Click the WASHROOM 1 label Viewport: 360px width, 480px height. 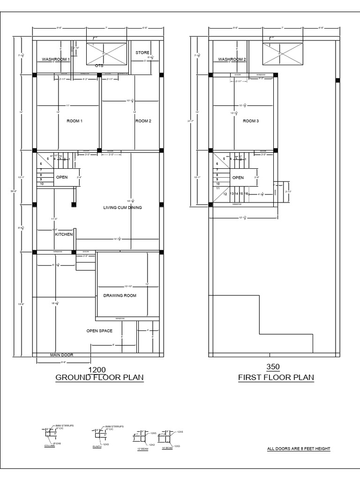coord(56,60)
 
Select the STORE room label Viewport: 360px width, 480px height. coord(142,52)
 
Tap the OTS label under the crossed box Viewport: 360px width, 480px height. coord(99,66)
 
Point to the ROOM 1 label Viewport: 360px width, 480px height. coord(75,121)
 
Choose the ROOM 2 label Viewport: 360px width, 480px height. coord(143,121)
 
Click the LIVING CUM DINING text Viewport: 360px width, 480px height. coord(122,207)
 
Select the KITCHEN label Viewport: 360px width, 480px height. coord(64,234)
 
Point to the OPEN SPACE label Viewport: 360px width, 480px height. coord(99,331)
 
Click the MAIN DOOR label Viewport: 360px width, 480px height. coord(62,355)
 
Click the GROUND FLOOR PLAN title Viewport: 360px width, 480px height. coord(99,377)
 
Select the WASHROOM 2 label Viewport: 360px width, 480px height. coord(232,60)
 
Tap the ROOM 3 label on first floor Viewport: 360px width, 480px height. coord(251,121)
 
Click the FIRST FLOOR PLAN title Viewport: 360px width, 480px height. coord(276,377)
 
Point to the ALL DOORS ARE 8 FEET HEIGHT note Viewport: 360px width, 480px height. coord(299,449)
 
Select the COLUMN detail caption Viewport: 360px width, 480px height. coord(50,446)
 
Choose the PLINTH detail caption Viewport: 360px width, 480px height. coord(97,447)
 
